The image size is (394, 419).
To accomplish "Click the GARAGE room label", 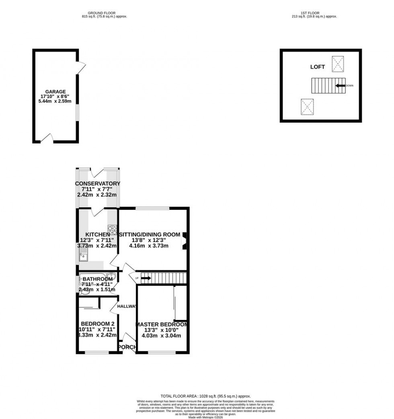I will [55, 92].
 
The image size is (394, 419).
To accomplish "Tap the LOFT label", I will [317, 67].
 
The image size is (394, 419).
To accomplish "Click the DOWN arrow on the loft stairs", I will [341, 85].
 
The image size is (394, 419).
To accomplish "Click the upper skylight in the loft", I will [338, 63].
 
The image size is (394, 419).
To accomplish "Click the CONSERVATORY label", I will [97, 184].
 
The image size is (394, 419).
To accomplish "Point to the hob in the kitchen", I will [112, 230].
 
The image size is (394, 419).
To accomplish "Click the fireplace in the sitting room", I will [184, 241].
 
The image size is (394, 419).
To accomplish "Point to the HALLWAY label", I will [127, 306].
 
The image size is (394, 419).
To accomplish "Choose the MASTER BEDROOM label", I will [162, 325].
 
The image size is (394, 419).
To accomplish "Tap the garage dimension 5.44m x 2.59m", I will [55, 101].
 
